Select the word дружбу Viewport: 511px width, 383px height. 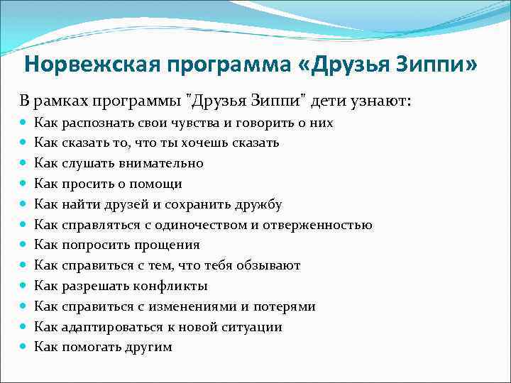pyautogui.click(x=255, y=204)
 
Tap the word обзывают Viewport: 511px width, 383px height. pyautogui.click(x=268, y=265)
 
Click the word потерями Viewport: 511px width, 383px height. pyautogui.click(x=282, y=306)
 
